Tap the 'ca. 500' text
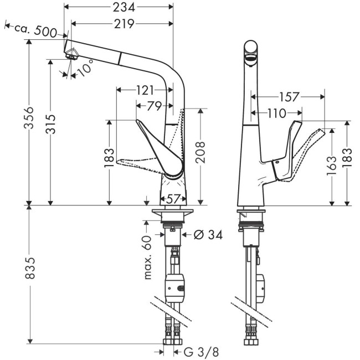(x=37, y=30)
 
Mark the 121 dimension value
(x=143, y=90)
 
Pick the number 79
(x=153, y=105)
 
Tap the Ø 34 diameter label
(x=208, y=235)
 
